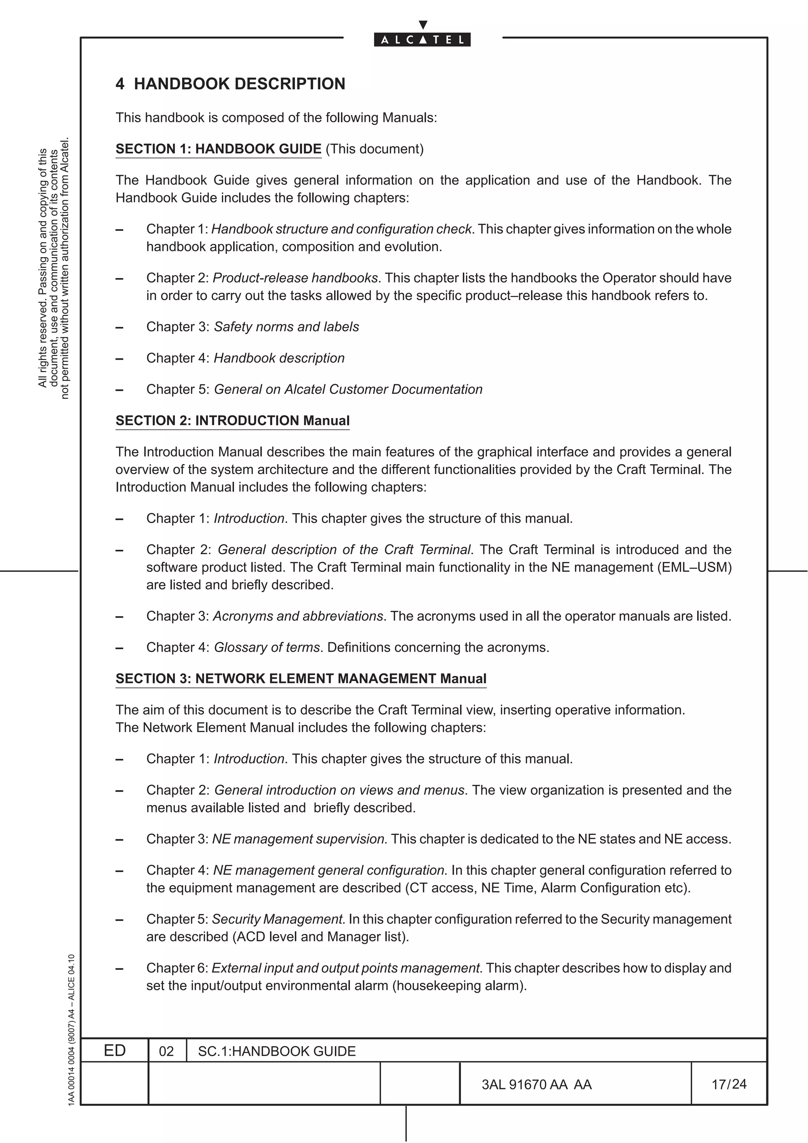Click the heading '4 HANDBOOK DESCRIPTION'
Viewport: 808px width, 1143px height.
(x=230, y=84)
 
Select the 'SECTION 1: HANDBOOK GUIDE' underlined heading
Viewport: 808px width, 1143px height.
(x=219, y=149)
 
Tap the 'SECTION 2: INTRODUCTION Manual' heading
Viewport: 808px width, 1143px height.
(x=232, y=421)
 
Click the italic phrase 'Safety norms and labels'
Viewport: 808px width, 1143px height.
(x=286, y=327)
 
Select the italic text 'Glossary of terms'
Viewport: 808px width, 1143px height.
(x=267, y=647)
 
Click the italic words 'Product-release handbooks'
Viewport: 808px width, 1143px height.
(x=295, y=278)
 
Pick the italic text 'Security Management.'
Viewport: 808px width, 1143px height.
(x=279, y=919)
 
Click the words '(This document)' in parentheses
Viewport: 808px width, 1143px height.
(x=374, y=149)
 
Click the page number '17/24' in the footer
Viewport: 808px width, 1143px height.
(x=729, y=1084)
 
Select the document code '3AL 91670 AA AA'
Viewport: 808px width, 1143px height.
(x=536, y=1084)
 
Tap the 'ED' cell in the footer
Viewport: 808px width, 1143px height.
(x=114, y=1050)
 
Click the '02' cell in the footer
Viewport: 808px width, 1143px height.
(x=166, y=1051)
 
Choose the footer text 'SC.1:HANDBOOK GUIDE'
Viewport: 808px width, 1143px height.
(x=277, y=1051)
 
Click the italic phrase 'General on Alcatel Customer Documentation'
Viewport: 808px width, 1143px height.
(x=348, y=389)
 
